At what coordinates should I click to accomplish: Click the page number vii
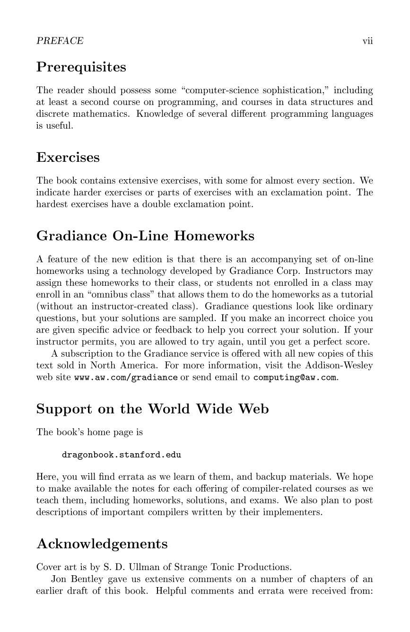[x=367, y=41]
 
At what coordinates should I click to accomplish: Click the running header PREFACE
[x=60, y=41]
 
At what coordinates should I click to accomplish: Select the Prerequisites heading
[x=81, y=67]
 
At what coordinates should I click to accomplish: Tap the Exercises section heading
[x=68, y=157]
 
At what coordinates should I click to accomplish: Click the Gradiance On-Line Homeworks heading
[x=145, y=236]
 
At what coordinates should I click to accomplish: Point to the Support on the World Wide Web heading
[x=152, y=409]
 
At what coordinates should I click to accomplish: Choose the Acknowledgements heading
[x=102, y=544]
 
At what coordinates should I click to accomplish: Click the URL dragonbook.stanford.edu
[x=121, y=455]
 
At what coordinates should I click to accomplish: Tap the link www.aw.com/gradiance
[x=126, y=377]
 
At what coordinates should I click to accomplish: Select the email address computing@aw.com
[x=295, y=377]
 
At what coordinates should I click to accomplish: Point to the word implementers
[x=293, y=512]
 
